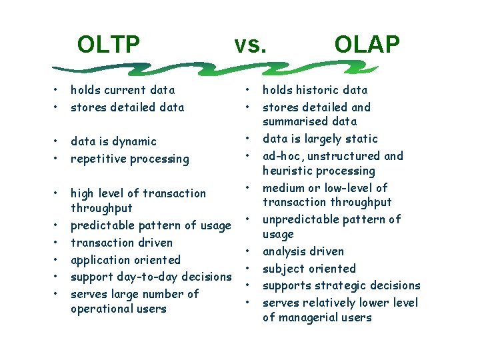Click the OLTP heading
pyautogui.click(x=108, y=45)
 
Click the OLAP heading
pyautogui.click(x=367, y=45)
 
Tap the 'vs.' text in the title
pyautogui.click(x=250, y=45)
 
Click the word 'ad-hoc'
pyautogui.click(x=283, y=156)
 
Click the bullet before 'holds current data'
pyautogui.click(x=58, y=90)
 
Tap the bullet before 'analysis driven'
pyautogui.click(x=247, y=252)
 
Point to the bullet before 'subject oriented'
pyautogui.click(x=247, y=269)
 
